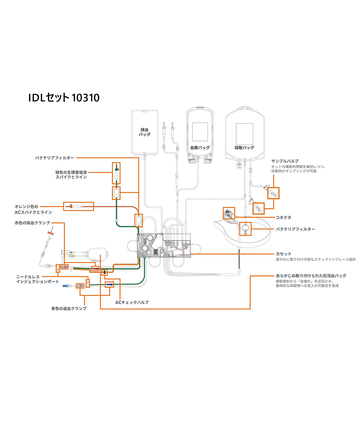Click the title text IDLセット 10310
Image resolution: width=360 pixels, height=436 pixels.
(x=64, y=98)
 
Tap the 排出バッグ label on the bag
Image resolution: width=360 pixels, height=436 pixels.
(x=144, y=132)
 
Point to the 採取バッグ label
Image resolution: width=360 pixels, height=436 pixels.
(x=244, y=148)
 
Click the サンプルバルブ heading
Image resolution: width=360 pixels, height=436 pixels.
(x=285, y=161)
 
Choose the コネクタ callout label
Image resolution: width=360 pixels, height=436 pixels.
(x=283, y=217)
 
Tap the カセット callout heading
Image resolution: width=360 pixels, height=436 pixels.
(x=283, y=254)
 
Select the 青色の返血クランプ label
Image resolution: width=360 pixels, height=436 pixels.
(x=69, y=309)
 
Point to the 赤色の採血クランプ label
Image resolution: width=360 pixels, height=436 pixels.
(x=32, y=223)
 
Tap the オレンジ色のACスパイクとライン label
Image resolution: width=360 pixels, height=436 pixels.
(x=33, y=209)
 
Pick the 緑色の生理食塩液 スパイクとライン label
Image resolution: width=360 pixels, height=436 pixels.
(x=71, y=174)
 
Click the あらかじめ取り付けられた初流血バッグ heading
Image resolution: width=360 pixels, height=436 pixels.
(x=311, y=275)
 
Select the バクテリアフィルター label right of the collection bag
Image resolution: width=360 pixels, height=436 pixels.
(x=295, y=229)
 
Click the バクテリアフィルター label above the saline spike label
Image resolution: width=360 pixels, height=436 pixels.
(x=55, y=158)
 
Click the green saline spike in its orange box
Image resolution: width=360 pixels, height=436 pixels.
(x=116, y=173)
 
